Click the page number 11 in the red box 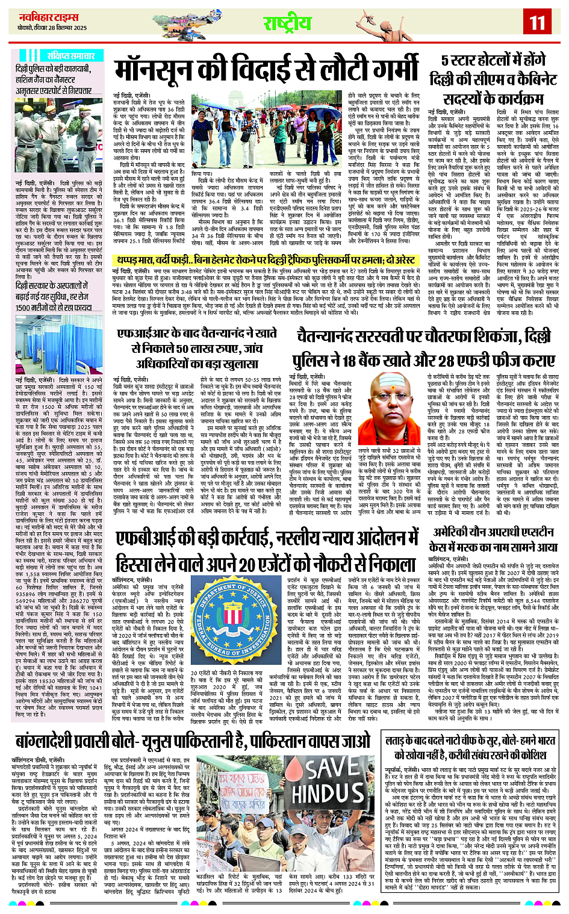[x=536, y=22]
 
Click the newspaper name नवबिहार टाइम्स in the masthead [x=44, y=17]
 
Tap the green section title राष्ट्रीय [x=287, y=23]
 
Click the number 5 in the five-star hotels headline [x=446, y=61]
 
